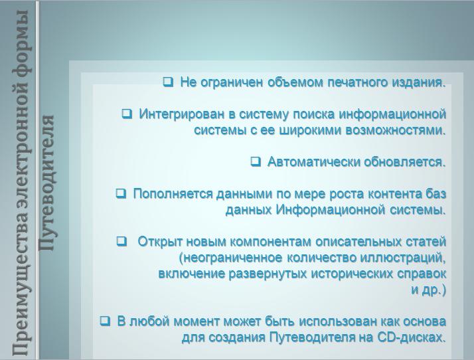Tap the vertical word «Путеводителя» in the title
click(x=46, y=183)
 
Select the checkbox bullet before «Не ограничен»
click(x=168, y=82)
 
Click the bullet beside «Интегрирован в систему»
click(x=127, y=114)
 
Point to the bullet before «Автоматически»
click(x=256, y=161)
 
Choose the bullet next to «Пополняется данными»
click(x=121, y=193)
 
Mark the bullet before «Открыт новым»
click(x=121, y=241)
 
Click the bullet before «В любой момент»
click(x=105, y=321)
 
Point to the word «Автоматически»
click(x=313, y=162)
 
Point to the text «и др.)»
click(x=429, y=290)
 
